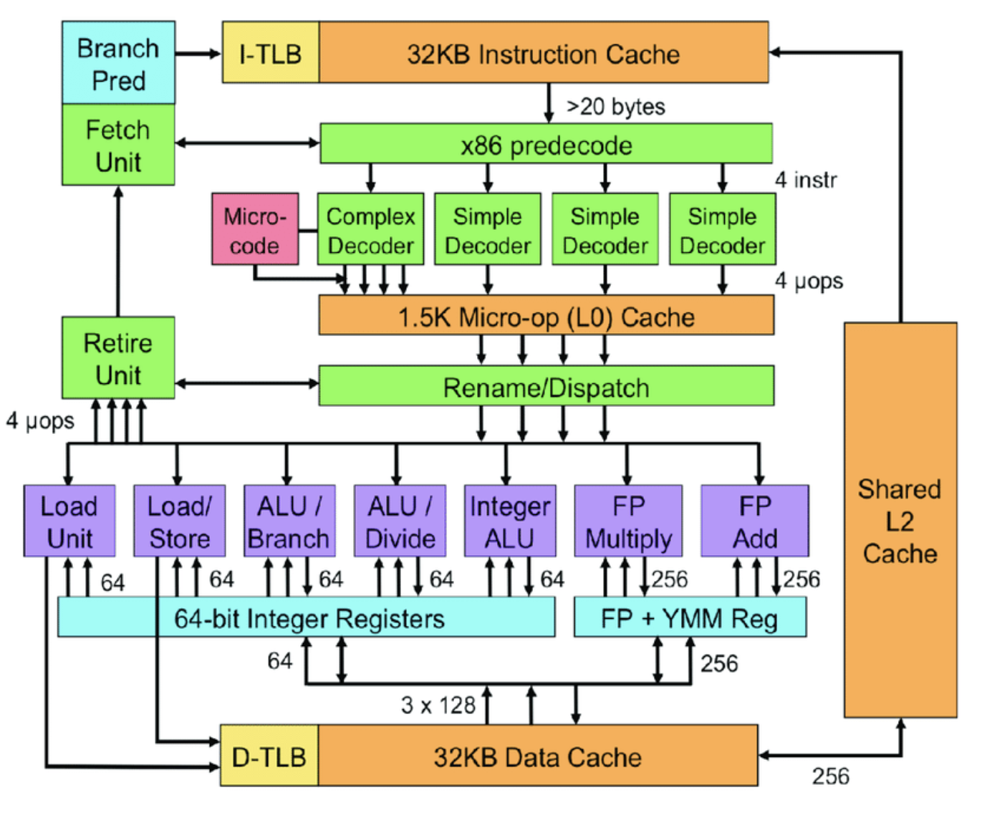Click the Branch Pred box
[x=118, y=63]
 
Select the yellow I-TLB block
[x=271, y=53]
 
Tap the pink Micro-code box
[x=255, y=229]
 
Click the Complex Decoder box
[x=370, y=229]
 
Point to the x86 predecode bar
[x=546, y=144]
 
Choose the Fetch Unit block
[x=118, y=145]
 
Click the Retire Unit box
[x=118, y=358]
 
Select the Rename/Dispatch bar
[x=546, y=387]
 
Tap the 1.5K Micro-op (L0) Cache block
[x=546, y=317]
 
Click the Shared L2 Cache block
[x=900, y=520]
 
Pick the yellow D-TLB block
[x=269, y=756]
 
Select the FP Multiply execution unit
[x=628, y=521]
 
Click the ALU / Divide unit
[x=400, y=521]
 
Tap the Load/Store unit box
[x=179, y=521]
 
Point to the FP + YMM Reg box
[x=690, y=618]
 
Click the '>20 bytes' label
[x=615, y=107]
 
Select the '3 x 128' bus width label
[x=438, y=706]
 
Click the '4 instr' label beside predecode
[x=806, y=180]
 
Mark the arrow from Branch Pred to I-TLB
[x=198, y=54]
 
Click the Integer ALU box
[x=510, y=521]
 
